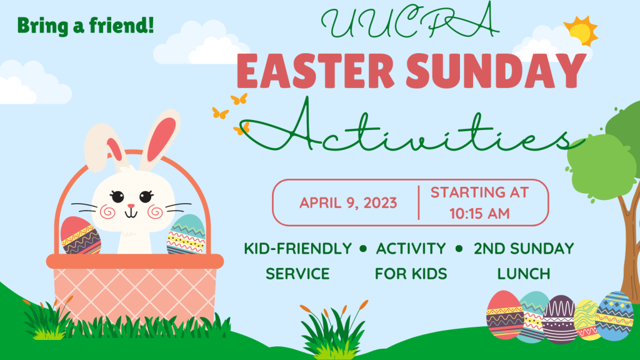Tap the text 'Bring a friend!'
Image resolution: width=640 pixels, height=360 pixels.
(86, 26)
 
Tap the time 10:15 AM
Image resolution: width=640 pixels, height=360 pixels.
(479, 213)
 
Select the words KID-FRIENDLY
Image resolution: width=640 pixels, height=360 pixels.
(297, 248)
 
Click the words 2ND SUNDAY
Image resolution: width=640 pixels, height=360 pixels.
(524, 248)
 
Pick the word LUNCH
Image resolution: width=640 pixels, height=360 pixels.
(524, 274)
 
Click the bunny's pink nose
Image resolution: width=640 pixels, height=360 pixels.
(131, 206)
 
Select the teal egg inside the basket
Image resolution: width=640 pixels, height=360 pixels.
(186, 235)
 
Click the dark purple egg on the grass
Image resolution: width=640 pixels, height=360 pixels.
(559, 319)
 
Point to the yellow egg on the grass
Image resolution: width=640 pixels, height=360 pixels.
(586, 320)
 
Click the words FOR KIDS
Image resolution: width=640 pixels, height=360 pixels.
(411, 274)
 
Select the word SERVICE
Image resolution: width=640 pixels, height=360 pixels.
(297, 274)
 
